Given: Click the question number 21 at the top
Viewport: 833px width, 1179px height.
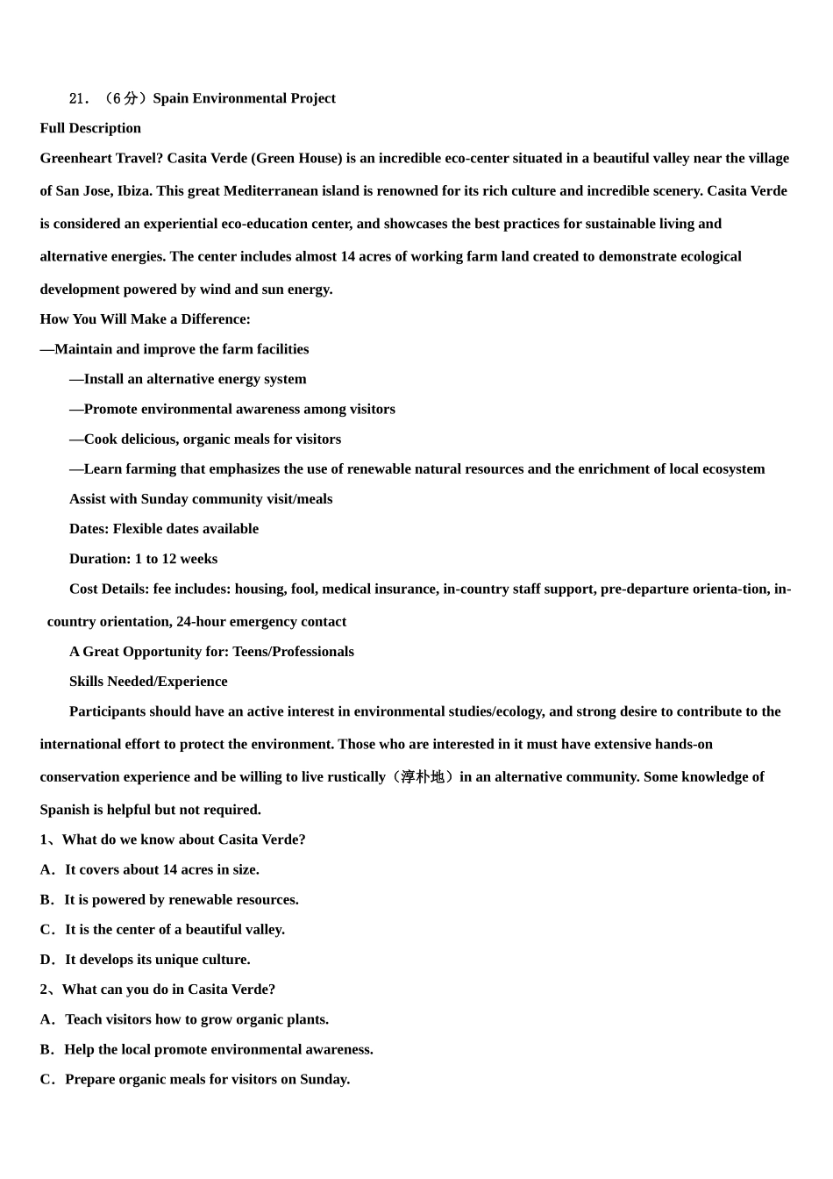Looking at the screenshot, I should click(78, 98).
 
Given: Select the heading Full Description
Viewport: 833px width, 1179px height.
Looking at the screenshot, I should click(90, 128).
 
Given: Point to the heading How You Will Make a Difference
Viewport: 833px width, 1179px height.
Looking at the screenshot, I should click(145, 319).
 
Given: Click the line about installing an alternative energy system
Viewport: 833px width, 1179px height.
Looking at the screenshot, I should click(188, 379).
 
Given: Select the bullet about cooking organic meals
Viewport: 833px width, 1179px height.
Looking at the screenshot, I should click(205, 439).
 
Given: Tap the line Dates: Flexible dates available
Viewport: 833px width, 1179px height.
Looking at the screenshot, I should click(164, 529).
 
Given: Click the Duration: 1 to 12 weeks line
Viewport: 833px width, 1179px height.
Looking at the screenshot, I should click(143, 559).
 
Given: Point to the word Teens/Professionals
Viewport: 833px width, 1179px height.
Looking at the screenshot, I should click(293, 652).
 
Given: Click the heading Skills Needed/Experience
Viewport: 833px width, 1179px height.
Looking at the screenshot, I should click(148, 682).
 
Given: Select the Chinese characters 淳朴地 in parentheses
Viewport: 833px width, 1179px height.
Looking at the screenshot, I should click(423, 777).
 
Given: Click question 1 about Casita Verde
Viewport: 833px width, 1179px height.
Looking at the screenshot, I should click(173, 840).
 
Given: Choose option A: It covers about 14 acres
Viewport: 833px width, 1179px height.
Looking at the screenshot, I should click(150, 869).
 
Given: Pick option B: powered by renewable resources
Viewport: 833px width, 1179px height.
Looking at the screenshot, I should click(169, 899).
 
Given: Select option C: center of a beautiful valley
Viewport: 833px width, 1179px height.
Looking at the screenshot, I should click(162, 929).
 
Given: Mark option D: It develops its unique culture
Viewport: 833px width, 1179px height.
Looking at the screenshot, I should click(146, 960).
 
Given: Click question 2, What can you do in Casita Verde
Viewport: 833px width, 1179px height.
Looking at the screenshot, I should click(158, 990).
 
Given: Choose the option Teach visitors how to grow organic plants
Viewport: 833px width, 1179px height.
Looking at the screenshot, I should click(184, 1019).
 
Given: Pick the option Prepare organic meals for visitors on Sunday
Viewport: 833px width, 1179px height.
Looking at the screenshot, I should click(195, 1079).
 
